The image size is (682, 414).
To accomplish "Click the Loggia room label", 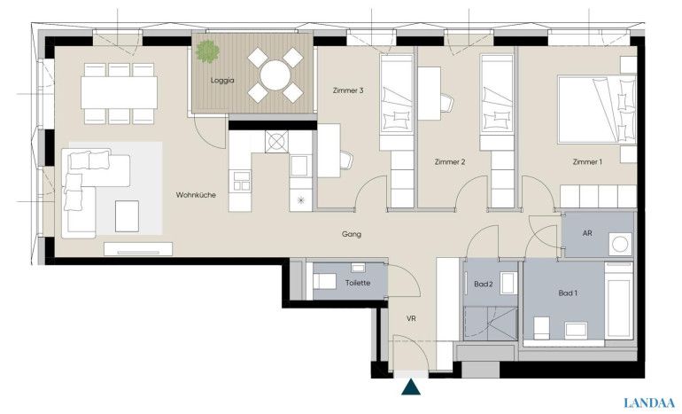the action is tap(222, 81).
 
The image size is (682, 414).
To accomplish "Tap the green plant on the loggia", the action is tap(207, 51).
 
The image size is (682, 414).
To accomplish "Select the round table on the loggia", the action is tap(275, 75).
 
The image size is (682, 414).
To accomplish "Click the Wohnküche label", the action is tap(196, 195).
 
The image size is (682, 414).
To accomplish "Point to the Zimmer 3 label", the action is tap(348, 90).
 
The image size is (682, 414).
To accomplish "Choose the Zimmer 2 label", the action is tap(450, 162).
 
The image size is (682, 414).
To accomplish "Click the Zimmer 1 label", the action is tap(587, 162).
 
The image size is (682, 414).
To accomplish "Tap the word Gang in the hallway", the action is tap(352, 234).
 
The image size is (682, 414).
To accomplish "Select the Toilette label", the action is tap(358, 283).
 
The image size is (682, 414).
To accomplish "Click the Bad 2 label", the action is tap(484, 285).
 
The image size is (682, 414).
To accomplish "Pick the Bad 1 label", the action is tap(568, 293).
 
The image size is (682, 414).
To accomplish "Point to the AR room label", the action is tap(587, 233).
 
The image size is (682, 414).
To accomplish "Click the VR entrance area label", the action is tap(411, 318).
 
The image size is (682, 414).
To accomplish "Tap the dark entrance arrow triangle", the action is tap(411, 387).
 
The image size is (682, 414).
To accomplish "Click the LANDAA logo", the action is tap(649, 403).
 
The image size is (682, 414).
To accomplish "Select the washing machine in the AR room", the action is tap(620, 244).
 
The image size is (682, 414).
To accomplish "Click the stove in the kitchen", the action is tap(276, 142).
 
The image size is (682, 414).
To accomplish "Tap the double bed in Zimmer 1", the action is tap(597, 110).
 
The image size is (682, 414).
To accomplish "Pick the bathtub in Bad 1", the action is tap(618, 300).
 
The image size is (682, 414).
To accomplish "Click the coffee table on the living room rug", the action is tap(127, 216).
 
